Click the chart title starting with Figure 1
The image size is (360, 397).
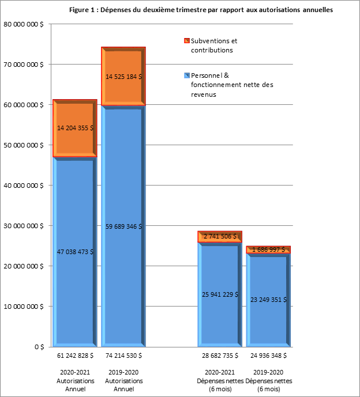click(200, 10)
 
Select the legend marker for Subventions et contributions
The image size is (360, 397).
click(186, 41)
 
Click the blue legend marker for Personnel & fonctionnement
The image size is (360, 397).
click(186, 75)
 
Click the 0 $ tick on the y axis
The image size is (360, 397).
click(38, 347)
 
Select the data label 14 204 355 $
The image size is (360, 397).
click(75, 128)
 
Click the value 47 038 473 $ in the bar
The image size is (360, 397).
click(75, 252)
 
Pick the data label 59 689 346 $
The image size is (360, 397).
click(123, 226)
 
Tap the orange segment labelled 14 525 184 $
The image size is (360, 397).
click(123, 76)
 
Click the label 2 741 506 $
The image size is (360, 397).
click(220, 237)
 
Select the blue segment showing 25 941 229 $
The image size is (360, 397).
click(220, 294)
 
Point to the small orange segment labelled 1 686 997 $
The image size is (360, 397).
click(269, 249)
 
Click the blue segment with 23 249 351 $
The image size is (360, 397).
click(269, 299)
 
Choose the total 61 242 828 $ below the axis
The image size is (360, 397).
click(75, 356)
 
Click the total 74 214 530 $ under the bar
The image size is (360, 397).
click(123, 356)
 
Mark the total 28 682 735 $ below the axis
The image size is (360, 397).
click(220, 356)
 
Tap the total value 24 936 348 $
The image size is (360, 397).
click(269, 356)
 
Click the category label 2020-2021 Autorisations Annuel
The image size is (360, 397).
click(75, 381)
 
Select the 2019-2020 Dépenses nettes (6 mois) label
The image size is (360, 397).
click(269, 381)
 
